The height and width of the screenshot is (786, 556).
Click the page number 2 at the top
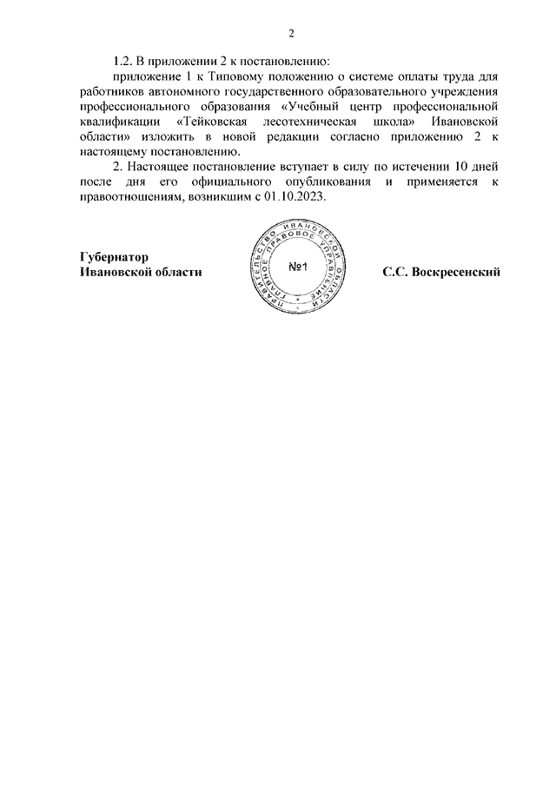click(293, 34)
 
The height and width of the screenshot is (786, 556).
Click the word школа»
click(386, 122)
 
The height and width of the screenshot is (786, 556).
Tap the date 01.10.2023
click(295, 197)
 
